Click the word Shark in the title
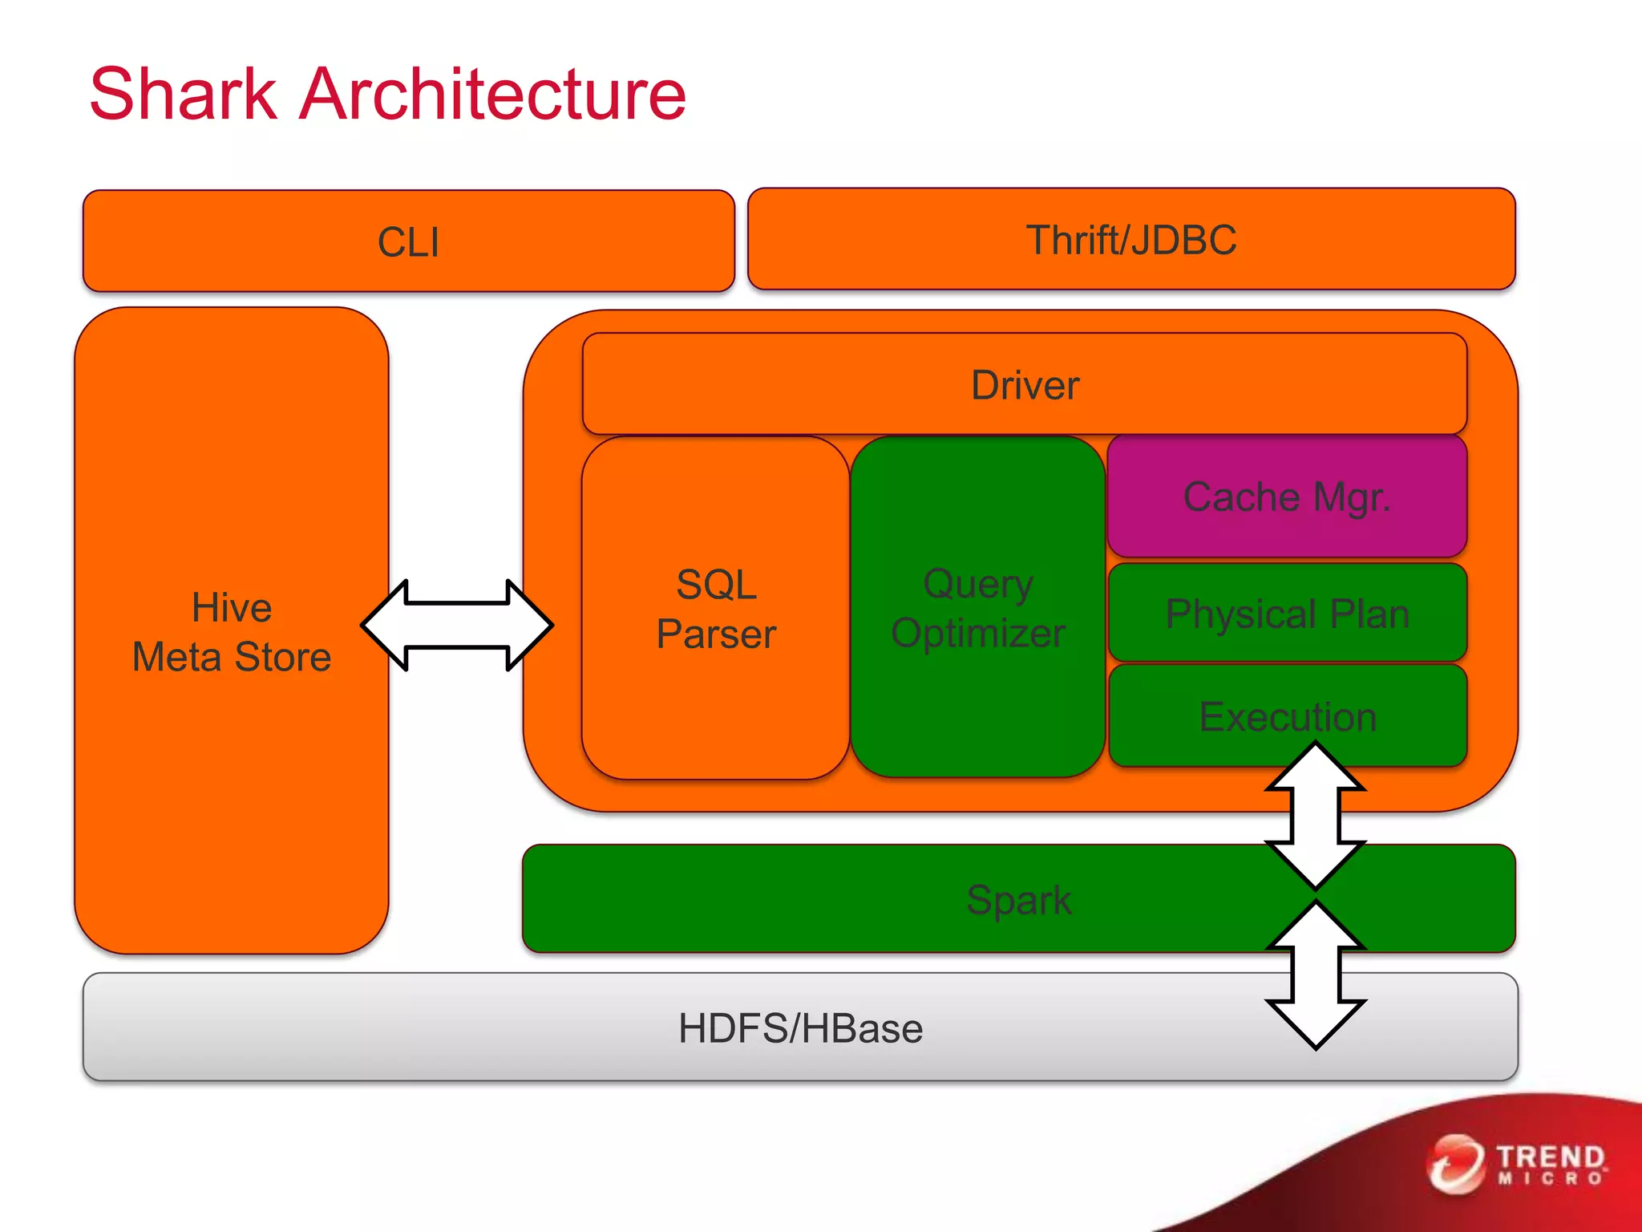click(x=183, y=95)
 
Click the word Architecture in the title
click(x=491, y=95)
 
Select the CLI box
click(x=408, y=241)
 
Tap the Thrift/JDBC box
click(x=1130, y=240)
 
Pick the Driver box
click(x=1024, y=385)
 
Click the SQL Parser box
click(x=715, y=609)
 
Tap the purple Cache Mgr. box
click(x=1286, y=496)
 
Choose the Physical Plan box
click(x=1286, y=614)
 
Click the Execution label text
click(x=1286, y=715)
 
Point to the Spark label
click(x=1018, y=899)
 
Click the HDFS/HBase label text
click(x=800, y=1028)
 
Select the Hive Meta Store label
click(x=232, y=632)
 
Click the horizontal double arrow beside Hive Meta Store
click(x=457, y=625)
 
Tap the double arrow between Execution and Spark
click(x=1315, y=816)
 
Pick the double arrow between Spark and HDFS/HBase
click(x=1315, y=975)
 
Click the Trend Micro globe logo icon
click(x=1454, y=1164)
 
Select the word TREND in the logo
click(x=1551, y=1157)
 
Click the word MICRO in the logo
click(x=1551, y=1178)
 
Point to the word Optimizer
click(x=977, y=634)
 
